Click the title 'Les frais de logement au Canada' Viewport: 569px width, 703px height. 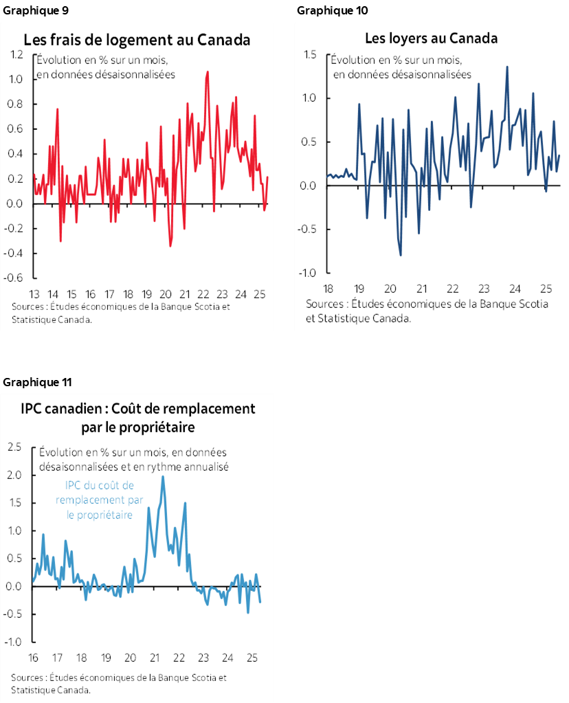click(x=137, y=39)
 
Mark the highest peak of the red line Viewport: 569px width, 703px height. click(x=207, y=71)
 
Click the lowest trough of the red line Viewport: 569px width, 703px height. click(x=170, y=246)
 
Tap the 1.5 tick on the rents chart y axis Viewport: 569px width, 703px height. click(x=309, y=54)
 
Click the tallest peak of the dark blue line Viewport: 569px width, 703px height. click(x=507, y=67)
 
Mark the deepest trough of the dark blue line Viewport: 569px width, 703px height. click(x=401, y=255)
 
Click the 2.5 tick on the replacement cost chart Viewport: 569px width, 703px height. click(x=15, y=447)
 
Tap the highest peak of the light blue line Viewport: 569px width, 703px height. click(x=163, y=477)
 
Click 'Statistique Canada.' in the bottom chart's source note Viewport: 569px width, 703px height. click(x=50, y=689)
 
